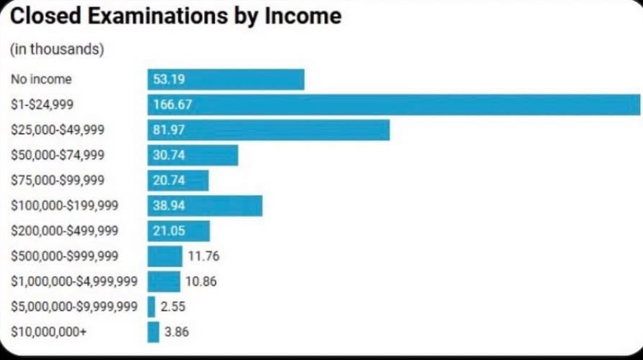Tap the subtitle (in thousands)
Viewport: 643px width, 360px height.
[x=57, y=51]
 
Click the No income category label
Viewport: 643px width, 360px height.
[x=41, y=79]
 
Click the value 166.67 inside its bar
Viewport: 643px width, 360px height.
[x=172, y=105]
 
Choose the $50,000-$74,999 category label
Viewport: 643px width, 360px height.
[x=58, y=155]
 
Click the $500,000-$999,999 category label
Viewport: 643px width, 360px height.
[x=65, y=256]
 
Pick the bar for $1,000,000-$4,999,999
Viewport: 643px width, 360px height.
[x=164, y=281]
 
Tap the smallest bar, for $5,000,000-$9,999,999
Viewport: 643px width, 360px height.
[x=151, y=307]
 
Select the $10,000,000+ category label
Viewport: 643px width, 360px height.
[x=45, y=332]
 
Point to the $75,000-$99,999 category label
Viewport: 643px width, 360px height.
[x=58, y=180]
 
